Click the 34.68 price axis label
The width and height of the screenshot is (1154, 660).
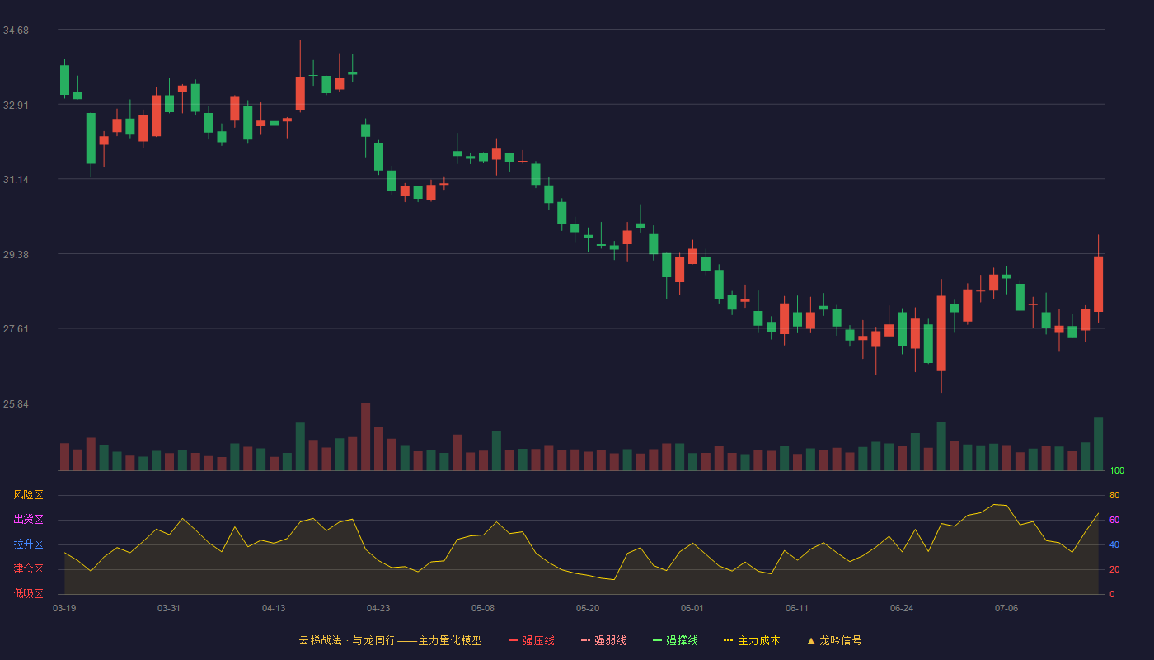tap(16, 31)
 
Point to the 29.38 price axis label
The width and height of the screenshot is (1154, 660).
tap(16, 255)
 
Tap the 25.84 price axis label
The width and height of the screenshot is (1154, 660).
tap(16, 403)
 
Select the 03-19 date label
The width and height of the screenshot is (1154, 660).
tap(64, 609)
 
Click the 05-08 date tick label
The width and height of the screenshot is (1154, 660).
tap(483, 609)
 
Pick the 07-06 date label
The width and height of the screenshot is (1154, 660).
tap(1006, 609)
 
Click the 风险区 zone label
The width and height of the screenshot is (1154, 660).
tap(28, 495)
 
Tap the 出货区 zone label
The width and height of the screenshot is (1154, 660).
tap(28, 519)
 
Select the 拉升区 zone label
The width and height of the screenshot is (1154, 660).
tap(28, 544)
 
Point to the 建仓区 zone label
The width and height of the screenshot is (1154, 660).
tap(28, 568)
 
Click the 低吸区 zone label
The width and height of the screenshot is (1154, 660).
tap(28, 593)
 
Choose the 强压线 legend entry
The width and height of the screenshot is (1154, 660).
tap(532, 640)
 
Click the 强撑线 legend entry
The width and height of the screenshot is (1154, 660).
tap(675, 640)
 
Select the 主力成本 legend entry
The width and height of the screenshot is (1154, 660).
tap(752, 640)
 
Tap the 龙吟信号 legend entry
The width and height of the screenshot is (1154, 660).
tap(834, 640)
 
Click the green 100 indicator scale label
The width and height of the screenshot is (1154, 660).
tap(1117, 470)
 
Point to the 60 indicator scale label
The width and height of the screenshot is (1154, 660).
tap(1114, 520)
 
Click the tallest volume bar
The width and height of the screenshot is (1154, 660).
tap(366, 436)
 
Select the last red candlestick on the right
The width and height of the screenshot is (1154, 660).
tap(1098, 284)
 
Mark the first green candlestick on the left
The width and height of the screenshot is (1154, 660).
tap(64, 80)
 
